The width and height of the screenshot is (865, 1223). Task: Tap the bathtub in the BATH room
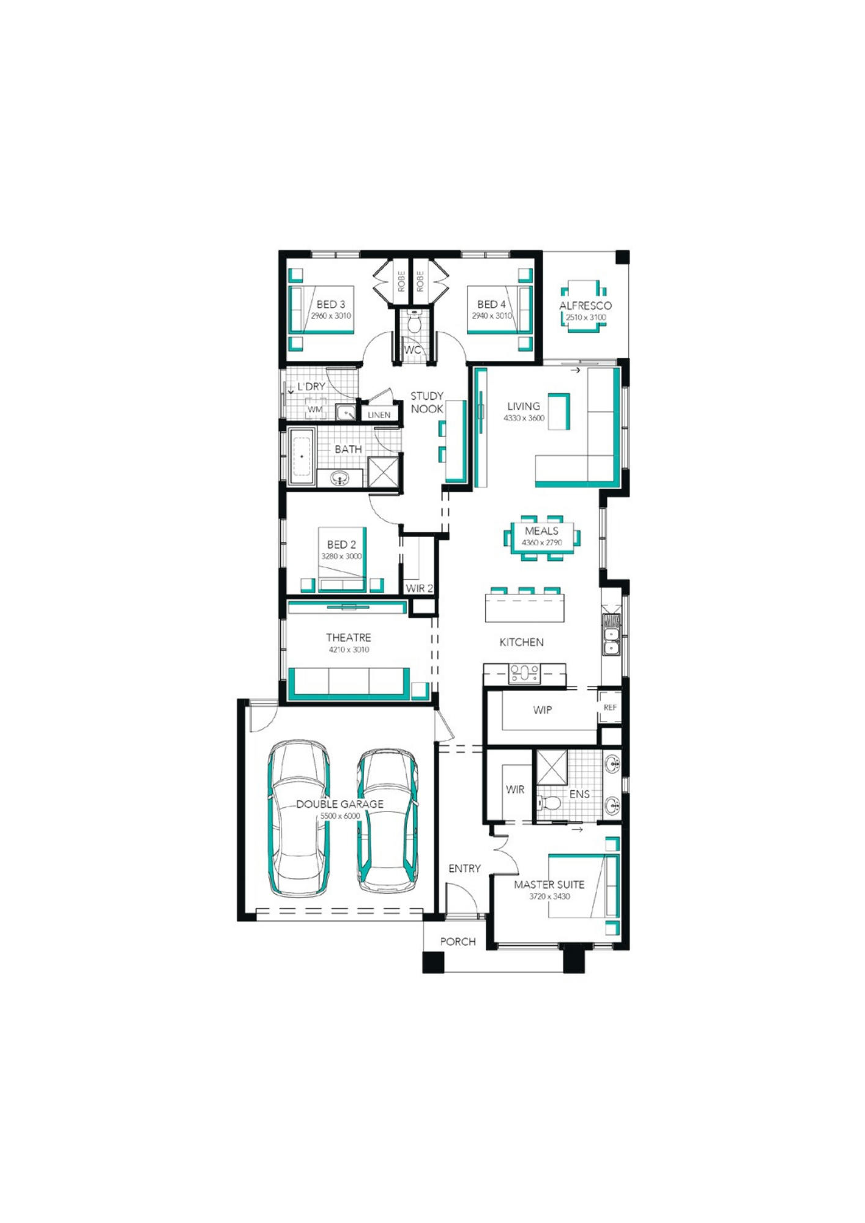click(302, 456)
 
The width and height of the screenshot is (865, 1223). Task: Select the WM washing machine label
click(315, 410)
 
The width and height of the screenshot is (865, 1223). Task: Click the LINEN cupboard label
click(379, 415)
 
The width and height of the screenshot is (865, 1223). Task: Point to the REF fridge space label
click(610, 708)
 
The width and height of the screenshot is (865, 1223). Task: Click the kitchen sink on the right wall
click(611, 635)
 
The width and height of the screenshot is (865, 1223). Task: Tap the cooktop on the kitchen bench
click(524, 673)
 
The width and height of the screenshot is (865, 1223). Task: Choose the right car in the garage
click(388, 821)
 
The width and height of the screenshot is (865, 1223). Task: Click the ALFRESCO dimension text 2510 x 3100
click(586, 317)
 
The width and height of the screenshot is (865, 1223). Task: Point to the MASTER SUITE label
click(549, 884)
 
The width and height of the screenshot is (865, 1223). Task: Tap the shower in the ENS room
click(552, 766)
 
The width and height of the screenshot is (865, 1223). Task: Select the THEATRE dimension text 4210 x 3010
click(349, 649)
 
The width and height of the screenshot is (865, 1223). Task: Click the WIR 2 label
click(420, 588)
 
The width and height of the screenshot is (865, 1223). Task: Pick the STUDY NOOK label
click(427, 402)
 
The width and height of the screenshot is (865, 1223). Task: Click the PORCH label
click(458, 942)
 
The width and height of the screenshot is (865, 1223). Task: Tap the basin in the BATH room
click(340, 478)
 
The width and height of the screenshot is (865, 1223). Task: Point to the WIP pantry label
click(543, 710)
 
